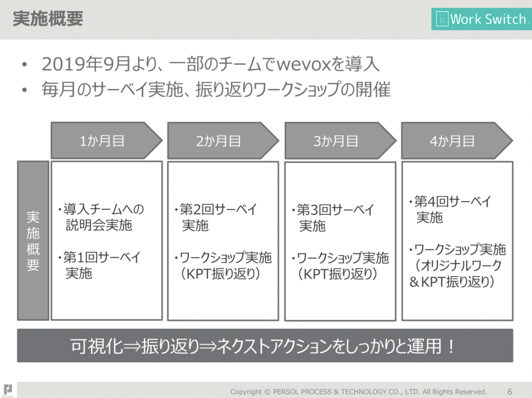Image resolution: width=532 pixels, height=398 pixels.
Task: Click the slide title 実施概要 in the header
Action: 48,19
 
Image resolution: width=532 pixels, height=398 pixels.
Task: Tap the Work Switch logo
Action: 482,19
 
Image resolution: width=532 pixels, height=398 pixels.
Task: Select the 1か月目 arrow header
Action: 106,141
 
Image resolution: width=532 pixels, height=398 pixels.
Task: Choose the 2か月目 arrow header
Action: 223,141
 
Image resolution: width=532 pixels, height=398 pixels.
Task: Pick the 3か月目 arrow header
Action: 340,141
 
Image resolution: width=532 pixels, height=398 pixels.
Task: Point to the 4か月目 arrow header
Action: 457,141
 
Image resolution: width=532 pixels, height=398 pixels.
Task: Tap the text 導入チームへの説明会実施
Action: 101,217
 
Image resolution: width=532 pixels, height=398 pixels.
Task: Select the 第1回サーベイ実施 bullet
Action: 99,265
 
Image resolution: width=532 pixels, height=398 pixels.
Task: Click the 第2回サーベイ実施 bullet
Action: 216,217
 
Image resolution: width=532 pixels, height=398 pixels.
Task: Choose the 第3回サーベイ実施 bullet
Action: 333,218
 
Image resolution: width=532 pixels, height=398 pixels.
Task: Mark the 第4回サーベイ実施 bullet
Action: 450,209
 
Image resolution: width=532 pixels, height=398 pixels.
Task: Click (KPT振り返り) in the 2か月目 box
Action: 220,274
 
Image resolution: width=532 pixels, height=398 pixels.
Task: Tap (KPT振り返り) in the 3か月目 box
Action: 338,274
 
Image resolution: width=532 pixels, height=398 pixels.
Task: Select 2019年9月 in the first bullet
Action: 86,64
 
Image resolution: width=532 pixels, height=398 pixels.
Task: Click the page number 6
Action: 510,392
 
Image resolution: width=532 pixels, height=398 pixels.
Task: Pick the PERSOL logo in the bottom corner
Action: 8,391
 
